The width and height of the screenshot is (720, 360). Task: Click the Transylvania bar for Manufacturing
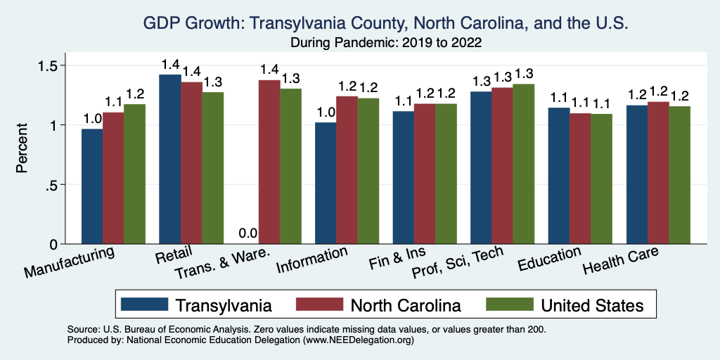92,186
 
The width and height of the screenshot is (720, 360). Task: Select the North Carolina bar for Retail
191,163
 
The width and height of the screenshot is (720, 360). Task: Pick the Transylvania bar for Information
326,184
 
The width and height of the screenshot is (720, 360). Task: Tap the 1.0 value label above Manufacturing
93,118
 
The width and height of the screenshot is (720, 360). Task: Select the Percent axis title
23,149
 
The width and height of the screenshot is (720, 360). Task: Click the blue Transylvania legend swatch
144,305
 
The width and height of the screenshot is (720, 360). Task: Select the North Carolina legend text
406,305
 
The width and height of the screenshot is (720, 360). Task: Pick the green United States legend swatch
509,305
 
